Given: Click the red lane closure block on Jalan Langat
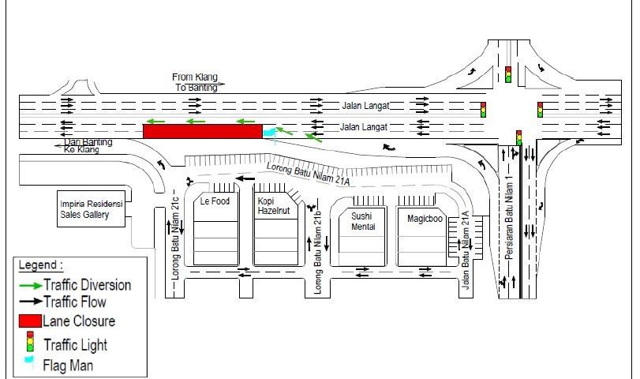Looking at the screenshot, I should pyautogui.click(x=201, y=131).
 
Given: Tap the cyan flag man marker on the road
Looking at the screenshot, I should pyautogui.click(x=269, y=131).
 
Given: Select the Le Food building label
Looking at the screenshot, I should pyautogui.click(x=214, y=201).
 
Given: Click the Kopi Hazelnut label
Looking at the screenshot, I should pyautogui.click(x=272, y=207).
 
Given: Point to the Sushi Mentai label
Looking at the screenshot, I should pyautogui.click(x=362, y=221).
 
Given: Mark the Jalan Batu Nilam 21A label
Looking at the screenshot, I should pyautogui.click(x=466, y=252).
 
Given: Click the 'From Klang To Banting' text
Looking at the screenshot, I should pyautogui.click(x=198, y=82).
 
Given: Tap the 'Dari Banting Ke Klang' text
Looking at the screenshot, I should pyautogui.click(x=87, y=145).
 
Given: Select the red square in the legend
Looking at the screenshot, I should pyautogui.click(x=31, y=321).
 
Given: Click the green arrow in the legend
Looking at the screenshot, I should pyautogui.click(x=31, y=284).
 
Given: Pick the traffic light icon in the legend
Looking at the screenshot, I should pyautogui.click(x=31, y=343).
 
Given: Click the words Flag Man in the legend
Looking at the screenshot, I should pyautogui.click(x=69, y=366).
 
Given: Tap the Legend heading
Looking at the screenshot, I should pyautogui.click(x=40, y=266).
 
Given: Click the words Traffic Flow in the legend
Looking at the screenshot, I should pyautogui.click(x=75, y=302).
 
